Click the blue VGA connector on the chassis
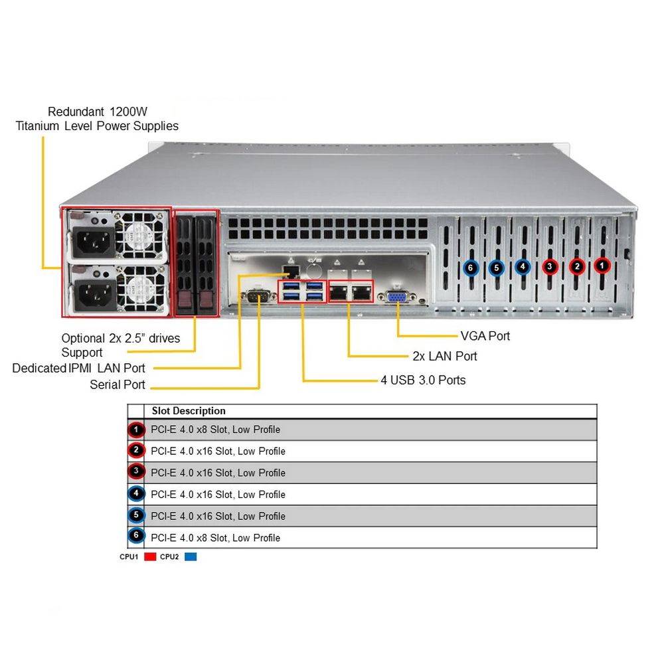[x=397, y=297]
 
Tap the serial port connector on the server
[x=257, y=296]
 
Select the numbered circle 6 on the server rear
[x=471, y=268]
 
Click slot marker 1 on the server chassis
[x=602, y=266]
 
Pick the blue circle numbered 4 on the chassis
[x=523, y=267]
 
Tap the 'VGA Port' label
[x=485, y=336]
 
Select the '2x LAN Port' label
[x=445, y=357]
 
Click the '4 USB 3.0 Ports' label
[x=422, y=380]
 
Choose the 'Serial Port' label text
[x=118, y=384]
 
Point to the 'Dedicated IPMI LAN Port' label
[x=78, y=368]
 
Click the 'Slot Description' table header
[x=189, y=411]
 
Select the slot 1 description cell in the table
[x=215, y=430]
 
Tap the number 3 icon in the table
[x=136, y=473]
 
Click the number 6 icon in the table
[x=136, y=537]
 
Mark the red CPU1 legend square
[x=149, y=557]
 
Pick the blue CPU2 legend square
[x=191, y=557]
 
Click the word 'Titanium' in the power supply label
[x=38, y=126]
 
